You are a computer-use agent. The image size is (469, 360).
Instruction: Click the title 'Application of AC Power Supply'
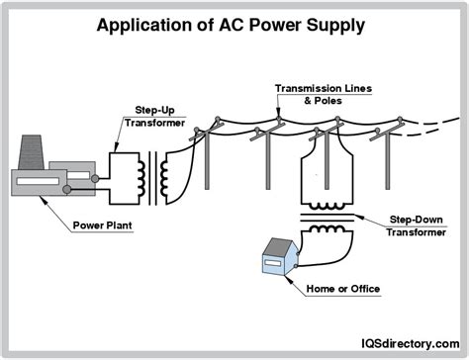[234, 23]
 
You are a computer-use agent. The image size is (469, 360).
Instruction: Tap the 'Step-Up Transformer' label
[147, 115]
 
